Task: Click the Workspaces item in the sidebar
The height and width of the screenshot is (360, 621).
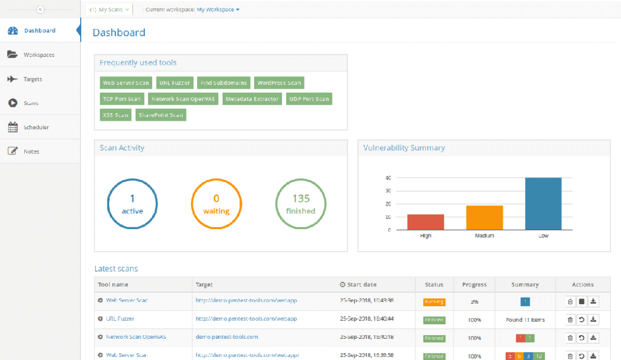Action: click(39, 55)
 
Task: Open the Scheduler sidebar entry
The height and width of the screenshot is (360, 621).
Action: click(36, 127)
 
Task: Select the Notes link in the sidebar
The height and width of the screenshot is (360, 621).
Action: click(31, 152)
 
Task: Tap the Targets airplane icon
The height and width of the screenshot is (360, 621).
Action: click(12, 79)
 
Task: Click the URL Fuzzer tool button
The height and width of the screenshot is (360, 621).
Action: click(174, 83)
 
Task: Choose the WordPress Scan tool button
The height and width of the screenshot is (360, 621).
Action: click(278, 83)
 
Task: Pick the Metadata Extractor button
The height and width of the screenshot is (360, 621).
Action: click(252, 99)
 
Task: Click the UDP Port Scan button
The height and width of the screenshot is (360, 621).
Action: click(309, 99)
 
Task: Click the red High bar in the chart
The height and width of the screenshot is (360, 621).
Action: click(425, 222)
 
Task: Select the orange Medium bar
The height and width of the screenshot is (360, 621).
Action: click(484, 218)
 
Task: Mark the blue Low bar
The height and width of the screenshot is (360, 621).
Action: click(543, 204)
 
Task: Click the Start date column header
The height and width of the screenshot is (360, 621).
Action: click(361, 284)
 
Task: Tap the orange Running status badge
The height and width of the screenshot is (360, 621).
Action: click(434, 301)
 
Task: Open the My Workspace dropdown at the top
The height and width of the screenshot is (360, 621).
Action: click(218, 10)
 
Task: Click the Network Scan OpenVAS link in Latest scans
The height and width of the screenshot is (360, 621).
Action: click(136, 336)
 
